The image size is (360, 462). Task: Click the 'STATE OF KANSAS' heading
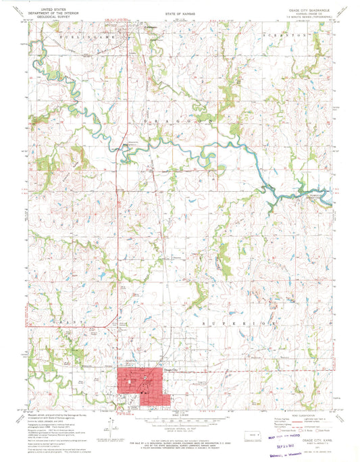pos(180,13)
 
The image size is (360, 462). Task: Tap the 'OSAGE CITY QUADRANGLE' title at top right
pos(307,10)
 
